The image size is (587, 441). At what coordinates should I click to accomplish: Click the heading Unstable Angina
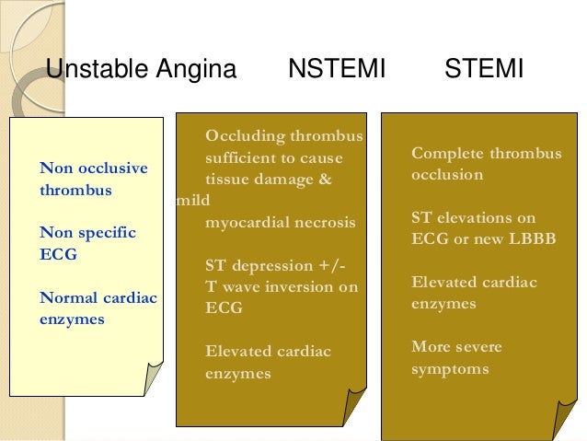click(141, 69)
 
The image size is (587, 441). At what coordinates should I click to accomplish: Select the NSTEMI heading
click(336, 69)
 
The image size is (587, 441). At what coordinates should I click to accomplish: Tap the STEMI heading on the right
click(484, 69)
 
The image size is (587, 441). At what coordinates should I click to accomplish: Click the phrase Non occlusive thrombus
click(94, 180)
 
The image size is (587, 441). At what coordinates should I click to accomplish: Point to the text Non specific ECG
click(87, 243)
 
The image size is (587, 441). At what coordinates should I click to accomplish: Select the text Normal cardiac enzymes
click(98, 308)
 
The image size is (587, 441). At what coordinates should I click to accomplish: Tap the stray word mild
click(189, 202)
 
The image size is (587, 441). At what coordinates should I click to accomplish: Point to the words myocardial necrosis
click(280, 222)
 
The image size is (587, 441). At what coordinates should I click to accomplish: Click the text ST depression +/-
click(275, 266)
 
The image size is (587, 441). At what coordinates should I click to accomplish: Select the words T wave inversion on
click(281, 287)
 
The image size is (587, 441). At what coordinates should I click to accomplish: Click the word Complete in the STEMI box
click(447, 153)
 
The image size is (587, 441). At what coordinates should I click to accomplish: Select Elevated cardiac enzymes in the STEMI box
click(474, 293)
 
